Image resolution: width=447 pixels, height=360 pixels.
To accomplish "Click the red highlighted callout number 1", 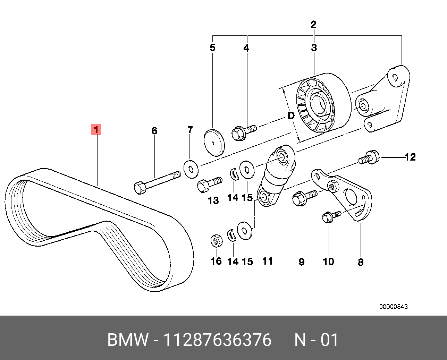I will pos(96,130).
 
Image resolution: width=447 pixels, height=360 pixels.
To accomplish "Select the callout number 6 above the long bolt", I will pos(154,131).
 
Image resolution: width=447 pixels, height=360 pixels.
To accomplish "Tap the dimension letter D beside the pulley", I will pos(291,115).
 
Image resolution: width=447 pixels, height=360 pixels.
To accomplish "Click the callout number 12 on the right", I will pos(410,157).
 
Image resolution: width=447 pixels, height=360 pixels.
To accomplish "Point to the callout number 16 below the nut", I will pos(216,261).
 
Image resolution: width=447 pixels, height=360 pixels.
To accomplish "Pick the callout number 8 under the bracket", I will pos(361,262).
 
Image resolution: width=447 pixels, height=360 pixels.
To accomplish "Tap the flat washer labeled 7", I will pos(190,169).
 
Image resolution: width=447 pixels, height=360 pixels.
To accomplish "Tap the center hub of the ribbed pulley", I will pos(317,104).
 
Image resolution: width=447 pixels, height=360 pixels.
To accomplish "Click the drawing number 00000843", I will pos(393,307).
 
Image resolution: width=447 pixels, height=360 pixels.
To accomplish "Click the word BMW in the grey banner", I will pos(127,340).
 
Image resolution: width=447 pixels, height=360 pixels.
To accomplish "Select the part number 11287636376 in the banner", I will pos(217,340).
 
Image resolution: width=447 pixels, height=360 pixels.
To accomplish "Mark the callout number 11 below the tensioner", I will pos(268,261).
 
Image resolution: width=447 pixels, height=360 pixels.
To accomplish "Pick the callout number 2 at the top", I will pos(313,25).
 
